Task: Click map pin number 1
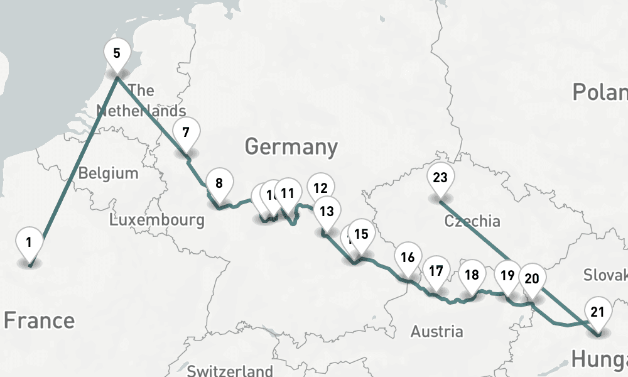click(x=29, y=242)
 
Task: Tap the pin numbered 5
click(x=117, y=53)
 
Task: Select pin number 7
click(x=185, y=133)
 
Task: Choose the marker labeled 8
click(x=219, y=184)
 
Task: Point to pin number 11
click(x=288, y=194)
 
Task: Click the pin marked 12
click(x=321, y=188)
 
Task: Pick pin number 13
click(x=327, y=211)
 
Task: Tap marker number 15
click(x=361, y=234)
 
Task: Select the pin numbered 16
click(x=407, y=257)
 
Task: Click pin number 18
click(x=472, y=275)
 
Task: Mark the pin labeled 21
click(x=597, y=312)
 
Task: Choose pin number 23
click(x=440, y=178)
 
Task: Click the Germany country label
click(x=291, y=147)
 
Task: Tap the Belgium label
click(x=108, y=173)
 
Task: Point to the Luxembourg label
click(x=156, y=220)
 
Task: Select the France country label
click(x=39, y=320)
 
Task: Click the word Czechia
click(x=472, y=221)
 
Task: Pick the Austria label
click(x=436, y=331)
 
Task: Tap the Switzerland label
click(x=230, y=371)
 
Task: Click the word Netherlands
click(x=141, y=111)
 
